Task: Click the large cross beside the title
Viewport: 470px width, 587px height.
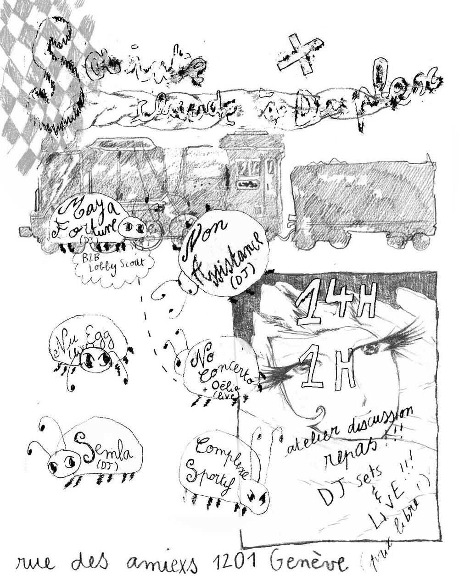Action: click(x=301, y=56)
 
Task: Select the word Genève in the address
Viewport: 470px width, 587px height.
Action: click(x=308, y=563)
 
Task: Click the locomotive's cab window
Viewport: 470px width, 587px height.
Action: click(x=248, y=169)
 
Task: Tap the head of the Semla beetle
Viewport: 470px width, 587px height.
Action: click(x=62, y=464)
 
